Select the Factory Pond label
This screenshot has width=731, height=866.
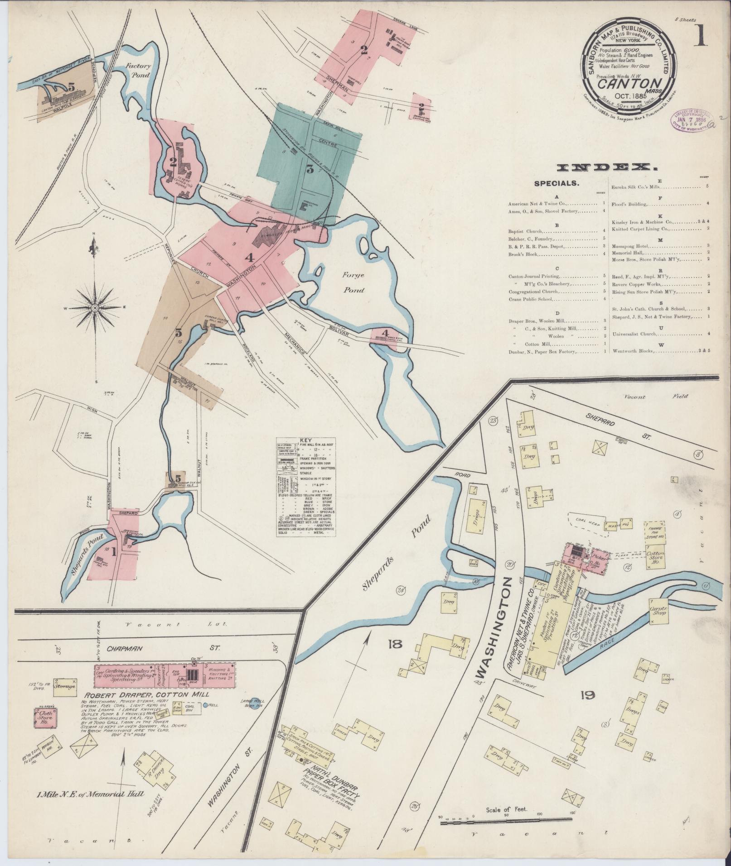click(x=138, y=70)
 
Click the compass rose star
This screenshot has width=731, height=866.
click(x=95, y=308)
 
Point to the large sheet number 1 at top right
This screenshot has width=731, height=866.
click(x=700, y=37)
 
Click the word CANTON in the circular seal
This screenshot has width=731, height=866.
click(x=624, y=83)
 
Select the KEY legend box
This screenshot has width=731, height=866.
click(x=306, y=487)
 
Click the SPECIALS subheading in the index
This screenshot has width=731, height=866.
click(x=556, y=183)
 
